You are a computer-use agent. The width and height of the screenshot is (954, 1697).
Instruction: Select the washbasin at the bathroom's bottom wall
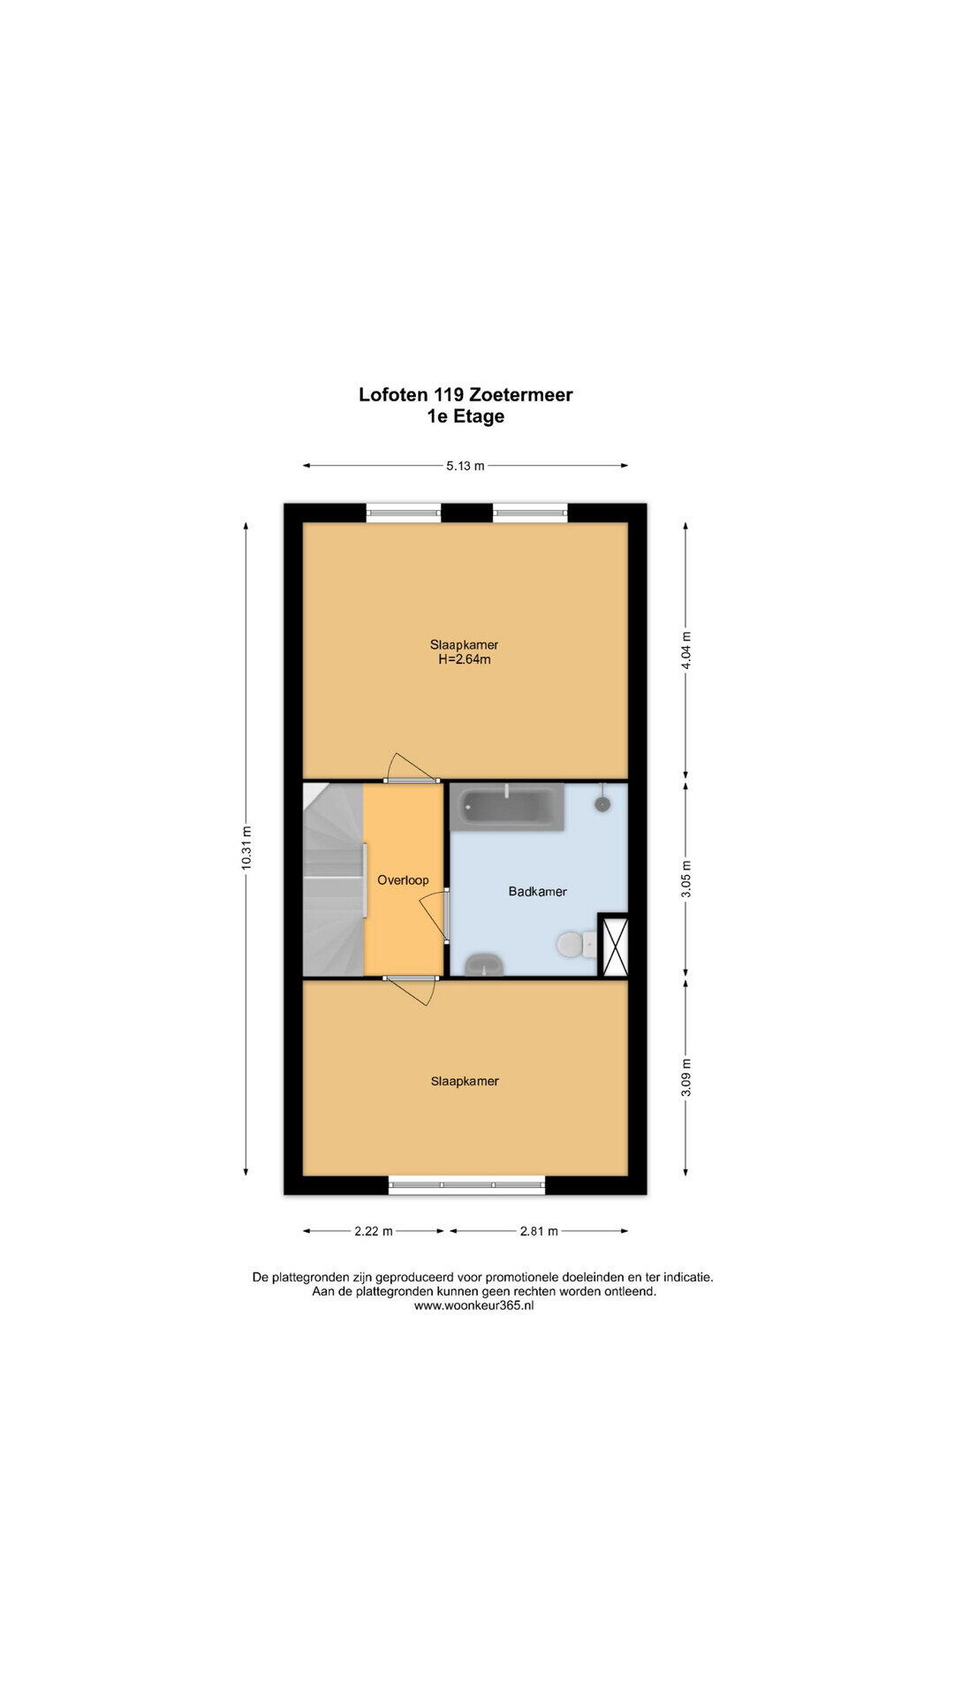[483, 964]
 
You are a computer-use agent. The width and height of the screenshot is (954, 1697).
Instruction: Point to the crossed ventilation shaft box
[612, 944]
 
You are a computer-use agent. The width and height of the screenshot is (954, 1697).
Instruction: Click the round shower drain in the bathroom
[603, 803]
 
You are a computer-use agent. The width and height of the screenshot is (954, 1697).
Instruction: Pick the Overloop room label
[403, 880]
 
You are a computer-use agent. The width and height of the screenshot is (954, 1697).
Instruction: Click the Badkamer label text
[537, 892]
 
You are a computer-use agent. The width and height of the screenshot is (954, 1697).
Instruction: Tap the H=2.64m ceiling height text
[465, 659]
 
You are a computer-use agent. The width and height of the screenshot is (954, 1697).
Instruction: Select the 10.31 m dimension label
[246, 848]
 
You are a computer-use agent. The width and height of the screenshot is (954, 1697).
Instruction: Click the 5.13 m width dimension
[466, 466]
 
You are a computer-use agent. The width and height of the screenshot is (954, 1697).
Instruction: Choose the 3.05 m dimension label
[686, 880]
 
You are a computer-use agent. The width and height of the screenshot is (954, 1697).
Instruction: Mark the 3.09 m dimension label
[686, 1077]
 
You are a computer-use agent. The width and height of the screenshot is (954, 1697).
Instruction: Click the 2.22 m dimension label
[374, 1230]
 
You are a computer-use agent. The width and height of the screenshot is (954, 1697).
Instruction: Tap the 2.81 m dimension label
[539, 1230]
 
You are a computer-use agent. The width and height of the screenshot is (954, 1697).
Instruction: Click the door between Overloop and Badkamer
[435, 916]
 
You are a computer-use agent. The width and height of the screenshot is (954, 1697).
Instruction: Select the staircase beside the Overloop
[333, 879]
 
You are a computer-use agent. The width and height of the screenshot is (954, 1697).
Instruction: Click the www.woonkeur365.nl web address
[473, 1305]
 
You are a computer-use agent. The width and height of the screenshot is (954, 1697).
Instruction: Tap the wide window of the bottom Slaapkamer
[467, 1185]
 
